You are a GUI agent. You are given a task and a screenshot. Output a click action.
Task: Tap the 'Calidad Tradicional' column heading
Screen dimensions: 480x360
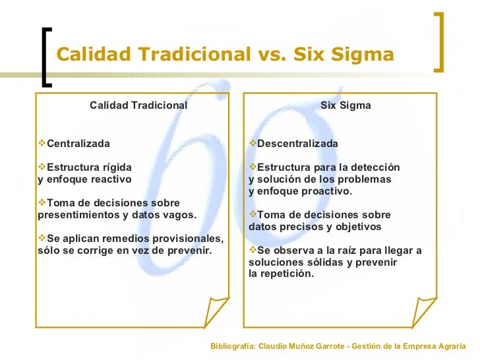tap(138, 105)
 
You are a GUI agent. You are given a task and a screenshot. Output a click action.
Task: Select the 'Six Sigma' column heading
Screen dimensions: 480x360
tap(345, 105)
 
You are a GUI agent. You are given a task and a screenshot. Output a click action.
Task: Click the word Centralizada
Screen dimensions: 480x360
tap(78, 144)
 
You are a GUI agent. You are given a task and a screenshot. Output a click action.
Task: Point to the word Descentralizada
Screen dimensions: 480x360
tap(297, 144)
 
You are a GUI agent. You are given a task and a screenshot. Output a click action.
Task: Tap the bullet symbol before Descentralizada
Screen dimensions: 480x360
tap(253, 144)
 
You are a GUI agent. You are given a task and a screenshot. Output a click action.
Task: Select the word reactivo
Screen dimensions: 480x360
tap(111, 179)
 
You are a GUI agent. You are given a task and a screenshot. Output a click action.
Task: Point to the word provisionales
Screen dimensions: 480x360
tap(189, 239)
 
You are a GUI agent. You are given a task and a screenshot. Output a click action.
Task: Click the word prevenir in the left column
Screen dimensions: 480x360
tap(190, 251)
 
